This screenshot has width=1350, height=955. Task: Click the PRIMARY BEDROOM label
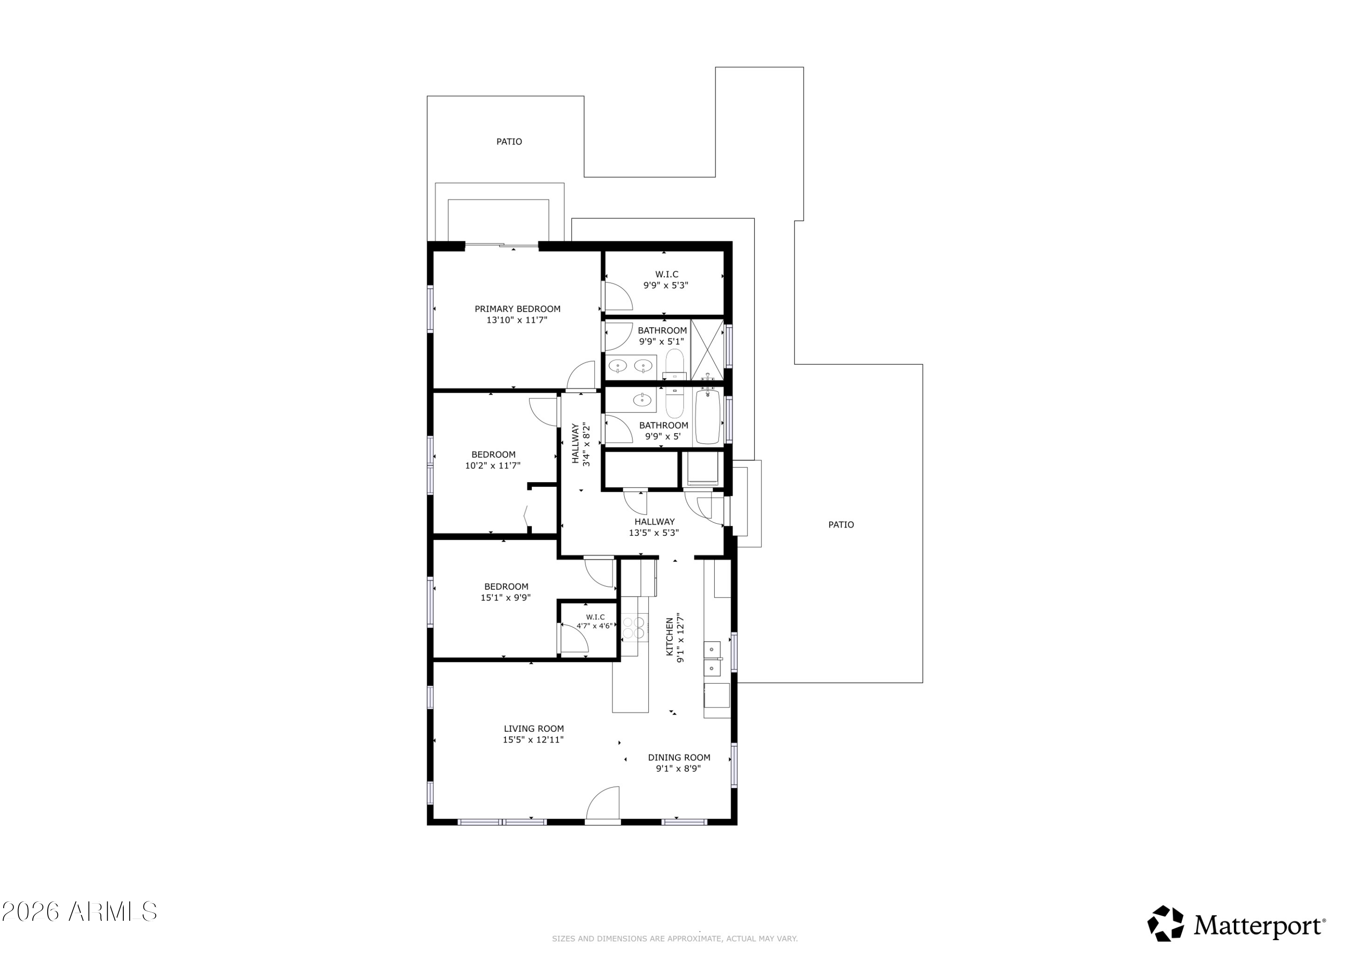[x=517, y=309]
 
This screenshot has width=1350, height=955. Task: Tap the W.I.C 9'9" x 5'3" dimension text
[x=666, y=285]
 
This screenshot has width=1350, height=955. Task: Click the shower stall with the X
[x=707, y=349]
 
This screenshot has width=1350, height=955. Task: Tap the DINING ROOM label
[x=679, y=758]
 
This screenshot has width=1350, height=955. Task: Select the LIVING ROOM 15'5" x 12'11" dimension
[x=533, y=740]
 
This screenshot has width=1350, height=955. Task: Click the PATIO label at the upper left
[x=509, y=142]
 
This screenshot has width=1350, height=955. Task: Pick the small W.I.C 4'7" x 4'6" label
[x=595, y=622]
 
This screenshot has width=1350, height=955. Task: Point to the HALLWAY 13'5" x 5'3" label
[x=654, y=528]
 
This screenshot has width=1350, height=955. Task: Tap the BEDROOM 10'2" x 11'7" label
[x=493, y=460]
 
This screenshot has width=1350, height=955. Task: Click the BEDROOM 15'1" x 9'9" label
[x=506, y=592]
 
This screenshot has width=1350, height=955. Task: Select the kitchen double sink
[x=712, y=660]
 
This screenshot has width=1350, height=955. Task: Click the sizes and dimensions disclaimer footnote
[x=675, y=939]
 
